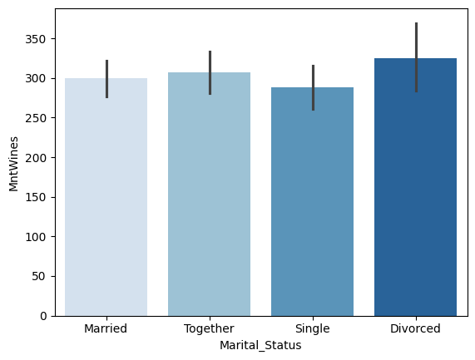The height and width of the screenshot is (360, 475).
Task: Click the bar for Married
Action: click(106, 197)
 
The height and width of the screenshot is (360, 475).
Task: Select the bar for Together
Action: click(210, 194)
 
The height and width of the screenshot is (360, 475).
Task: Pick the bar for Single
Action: click(312, 202)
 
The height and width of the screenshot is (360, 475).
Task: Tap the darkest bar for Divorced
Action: click(416, 187)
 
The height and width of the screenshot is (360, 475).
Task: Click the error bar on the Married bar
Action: click(107, 79)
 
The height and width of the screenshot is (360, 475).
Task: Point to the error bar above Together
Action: click(210, 72)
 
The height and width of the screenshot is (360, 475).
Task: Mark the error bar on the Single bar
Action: click(314, 87)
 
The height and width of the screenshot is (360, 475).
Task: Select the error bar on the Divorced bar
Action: click(416, 57)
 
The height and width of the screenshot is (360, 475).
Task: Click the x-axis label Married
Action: click(106, 328)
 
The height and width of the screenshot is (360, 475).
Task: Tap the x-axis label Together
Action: click(209, 328)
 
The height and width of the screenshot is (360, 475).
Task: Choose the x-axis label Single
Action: click(312, 328)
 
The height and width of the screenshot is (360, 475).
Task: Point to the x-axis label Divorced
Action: click(415, 328)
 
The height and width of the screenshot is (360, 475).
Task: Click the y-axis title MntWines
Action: click(13, 164)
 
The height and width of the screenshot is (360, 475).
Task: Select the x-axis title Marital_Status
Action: click(260, 346)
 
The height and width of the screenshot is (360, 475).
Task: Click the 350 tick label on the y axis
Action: click(36, 39)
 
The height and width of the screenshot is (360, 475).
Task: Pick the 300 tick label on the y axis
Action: click(36, 79)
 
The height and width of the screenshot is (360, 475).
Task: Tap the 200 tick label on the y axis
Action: click(36, 158)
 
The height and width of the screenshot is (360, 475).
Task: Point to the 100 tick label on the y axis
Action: click(36, 237)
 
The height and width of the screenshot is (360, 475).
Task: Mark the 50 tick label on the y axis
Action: click(39, 276)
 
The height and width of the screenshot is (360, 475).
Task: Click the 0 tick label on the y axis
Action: click(43, 316)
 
